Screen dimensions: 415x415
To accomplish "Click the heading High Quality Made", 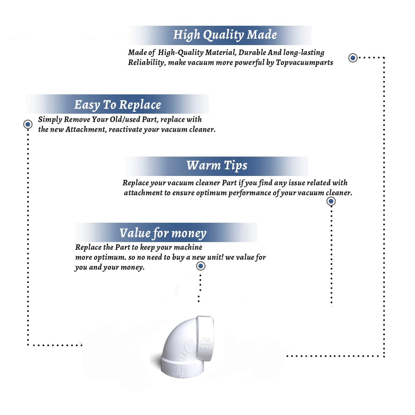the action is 225,35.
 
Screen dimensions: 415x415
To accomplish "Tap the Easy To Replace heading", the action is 118,105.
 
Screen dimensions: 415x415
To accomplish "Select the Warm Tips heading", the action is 217,165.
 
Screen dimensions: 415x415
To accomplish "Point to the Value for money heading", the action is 163,233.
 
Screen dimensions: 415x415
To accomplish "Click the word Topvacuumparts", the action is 304,63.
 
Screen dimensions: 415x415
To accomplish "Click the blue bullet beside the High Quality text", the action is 353,58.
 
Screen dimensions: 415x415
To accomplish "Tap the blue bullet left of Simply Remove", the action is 28,124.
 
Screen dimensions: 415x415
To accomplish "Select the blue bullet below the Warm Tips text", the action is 331,201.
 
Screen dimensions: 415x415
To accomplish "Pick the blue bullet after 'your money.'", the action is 201,266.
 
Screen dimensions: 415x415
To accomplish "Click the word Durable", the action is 252,52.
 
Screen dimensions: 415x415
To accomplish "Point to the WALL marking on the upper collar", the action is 205,348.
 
